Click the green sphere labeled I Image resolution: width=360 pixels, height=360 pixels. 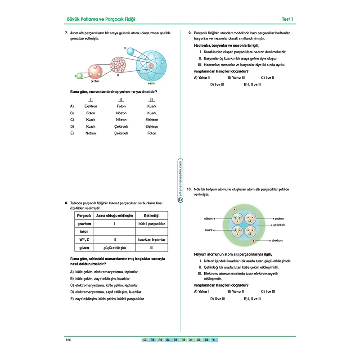80,76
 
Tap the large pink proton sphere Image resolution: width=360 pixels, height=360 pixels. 95,71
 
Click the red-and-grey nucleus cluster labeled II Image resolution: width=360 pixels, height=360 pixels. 118,65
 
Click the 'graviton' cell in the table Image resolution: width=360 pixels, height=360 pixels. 84,224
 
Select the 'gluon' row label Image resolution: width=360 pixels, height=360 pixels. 84,248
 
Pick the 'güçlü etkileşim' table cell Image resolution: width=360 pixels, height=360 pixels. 115,248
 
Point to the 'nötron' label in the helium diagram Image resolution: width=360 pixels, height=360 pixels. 208,218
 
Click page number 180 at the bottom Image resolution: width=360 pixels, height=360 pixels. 69,340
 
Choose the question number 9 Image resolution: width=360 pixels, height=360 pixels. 190,33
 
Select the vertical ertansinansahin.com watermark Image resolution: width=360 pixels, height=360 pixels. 180,182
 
